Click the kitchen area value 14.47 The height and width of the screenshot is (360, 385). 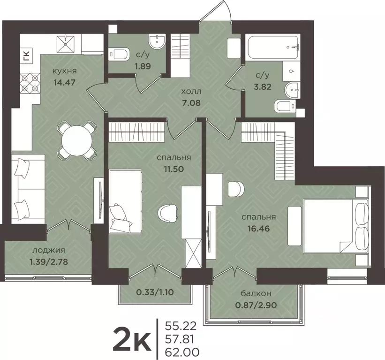click(x=64, y=82)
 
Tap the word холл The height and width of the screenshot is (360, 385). click(x=191, y=92)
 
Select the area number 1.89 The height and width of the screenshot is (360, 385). click(x=143, y=66)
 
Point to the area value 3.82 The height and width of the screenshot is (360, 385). click(x=263, y=87)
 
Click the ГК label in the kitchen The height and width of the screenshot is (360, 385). click(x=26, y=55)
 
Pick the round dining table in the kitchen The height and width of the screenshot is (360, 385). click(x=76, y=141)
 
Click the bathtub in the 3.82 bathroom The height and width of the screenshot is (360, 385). click(x=273, y=47)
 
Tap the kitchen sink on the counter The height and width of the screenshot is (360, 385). click(x=66, y=44)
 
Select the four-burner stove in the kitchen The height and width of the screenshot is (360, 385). click(x=30, y=82)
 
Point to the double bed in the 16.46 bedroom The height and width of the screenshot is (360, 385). click(x=336, y=226)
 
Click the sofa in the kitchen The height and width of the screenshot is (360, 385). click(x=28, y=189)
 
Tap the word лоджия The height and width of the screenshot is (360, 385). click(x=49, y=250)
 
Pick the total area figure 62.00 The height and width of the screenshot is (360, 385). click(x=181, y=353)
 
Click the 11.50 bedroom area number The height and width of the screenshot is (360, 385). click(x=174, y=169)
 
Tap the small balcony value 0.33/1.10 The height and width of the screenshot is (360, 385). click(x=154, y=292)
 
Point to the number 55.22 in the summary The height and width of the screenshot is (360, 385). click(x=181, y=326)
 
